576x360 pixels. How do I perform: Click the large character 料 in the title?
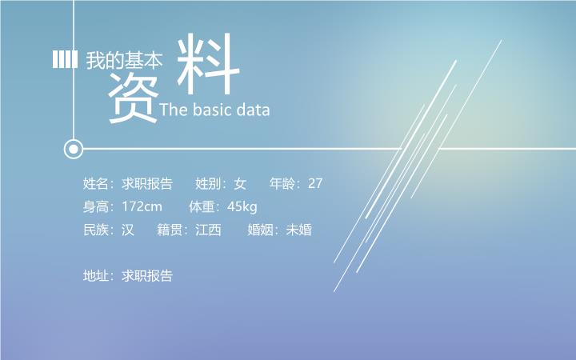click(x=208, y=63)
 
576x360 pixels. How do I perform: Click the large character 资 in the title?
click(x=133, y=98)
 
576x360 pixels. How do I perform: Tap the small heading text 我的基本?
click(x=124, y=60)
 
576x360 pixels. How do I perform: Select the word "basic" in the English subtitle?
click(x=211, y=110)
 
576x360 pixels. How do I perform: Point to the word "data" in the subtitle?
click(x=253, y=110)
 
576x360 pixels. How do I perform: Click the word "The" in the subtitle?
click(x=174, y=110)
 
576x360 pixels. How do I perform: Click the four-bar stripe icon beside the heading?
click(x=65, y=59)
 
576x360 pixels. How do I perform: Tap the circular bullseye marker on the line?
click(x=74, y=149)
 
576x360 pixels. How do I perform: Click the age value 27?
click(x=315, y=183)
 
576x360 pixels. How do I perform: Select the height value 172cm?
click(x=142, y=206)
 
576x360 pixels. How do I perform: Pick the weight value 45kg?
click(x=242, y=207)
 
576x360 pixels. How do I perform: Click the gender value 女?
click(x=240, y=183)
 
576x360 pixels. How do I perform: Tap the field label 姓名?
click(x=95, y=183)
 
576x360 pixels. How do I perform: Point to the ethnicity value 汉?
click(x=128, y=230)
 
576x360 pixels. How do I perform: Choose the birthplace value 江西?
click(x=208, y=230)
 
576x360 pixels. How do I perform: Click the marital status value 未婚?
click(x=299, y=230)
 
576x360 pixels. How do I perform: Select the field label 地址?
click(x=95, y=275)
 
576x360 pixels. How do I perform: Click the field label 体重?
click(x=202, y=207)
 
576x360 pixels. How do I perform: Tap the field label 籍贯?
click(x=170, y=230)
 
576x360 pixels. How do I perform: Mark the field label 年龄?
click(x=282, y=183)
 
